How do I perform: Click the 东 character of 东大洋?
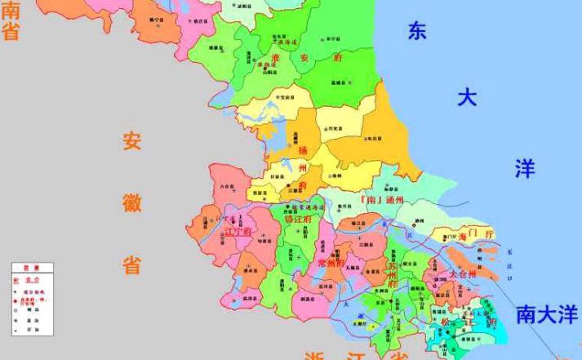pos(417,31)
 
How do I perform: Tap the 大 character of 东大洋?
pos(466,99)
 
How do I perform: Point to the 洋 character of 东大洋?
pos(524,169)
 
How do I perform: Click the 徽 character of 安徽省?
pos(131,201)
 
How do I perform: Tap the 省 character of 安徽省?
pos(131,264)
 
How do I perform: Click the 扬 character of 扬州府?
pos(303,150)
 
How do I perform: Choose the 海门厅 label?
pos(478,235)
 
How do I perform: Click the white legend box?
pos(33,299)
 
